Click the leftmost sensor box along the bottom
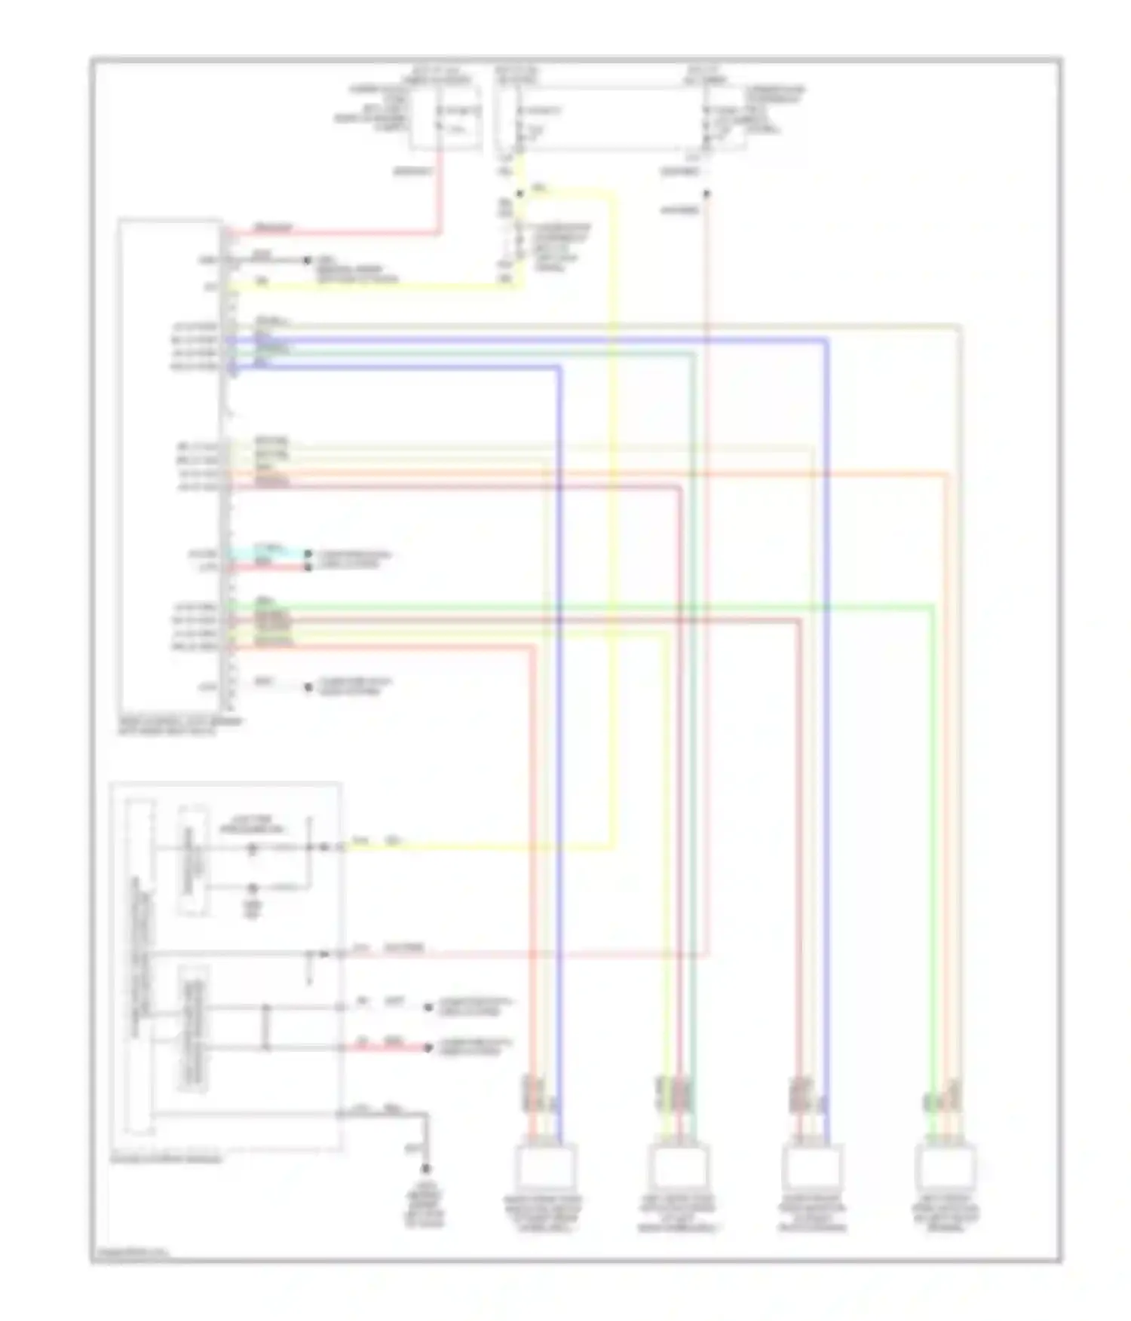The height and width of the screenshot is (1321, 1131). [x=546, y=1167]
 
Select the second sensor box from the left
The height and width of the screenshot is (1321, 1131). [x=678, y=1167]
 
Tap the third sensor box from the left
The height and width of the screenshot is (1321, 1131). [x=811, y=1167]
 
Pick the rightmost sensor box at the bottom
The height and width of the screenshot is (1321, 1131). [x=946, y=1167]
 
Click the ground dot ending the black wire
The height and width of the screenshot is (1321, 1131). [x=426, y=1169]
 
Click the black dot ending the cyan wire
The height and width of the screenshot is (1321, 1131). [x=308, y=554]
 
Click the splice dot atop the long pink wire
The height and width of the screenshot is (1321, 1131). [x=706, y=194]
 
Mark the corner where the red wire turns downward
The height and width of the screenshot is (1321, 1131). [x=438, y=231]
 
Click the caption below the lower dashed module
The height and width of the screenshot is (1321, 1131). [x=167, y=1159]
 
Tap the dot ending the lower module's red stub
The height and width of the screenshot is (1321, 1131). [x=428, y=1047]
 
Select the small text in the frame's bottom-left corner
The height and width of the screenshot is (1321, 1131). [x=133, y=1255]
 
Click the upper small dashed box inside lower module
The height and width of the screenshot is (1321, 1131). [x=193, y=861]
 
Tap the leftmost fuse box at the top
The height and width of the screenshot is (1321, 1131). [x=446, y=117]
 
